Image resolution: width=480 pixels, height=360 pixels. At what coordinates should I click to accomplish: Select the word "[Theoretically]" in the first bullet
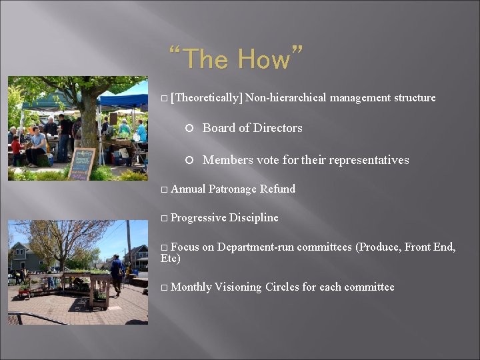tap(206, 98)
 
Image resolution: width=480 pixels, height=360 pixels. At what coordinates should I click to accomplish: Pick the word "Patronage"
tap(233, 189)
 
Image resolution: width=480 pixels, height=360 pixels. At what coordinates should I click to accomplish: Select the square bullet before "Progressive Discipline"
tap(165, 219)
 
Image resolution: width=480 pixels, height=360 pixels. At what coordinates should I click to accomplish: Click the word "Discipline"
tap(254, 218)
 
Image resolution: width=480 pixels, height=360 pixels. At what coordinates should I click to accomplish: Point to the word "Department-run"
tap(255, 247)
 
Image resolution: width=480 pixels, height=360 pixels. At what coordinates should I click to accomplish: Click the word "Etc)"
tap(171, 259)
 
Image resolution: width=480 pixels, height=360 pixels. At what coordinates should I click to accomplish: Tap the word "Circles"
tap(282, 287)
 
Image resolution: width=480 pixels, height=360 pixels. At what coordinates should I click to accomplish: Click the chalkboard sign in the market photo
tap(82, 163)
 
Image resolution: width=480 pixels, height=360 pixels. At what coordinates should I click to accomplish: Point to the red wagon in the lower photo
tap(24, 292)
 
